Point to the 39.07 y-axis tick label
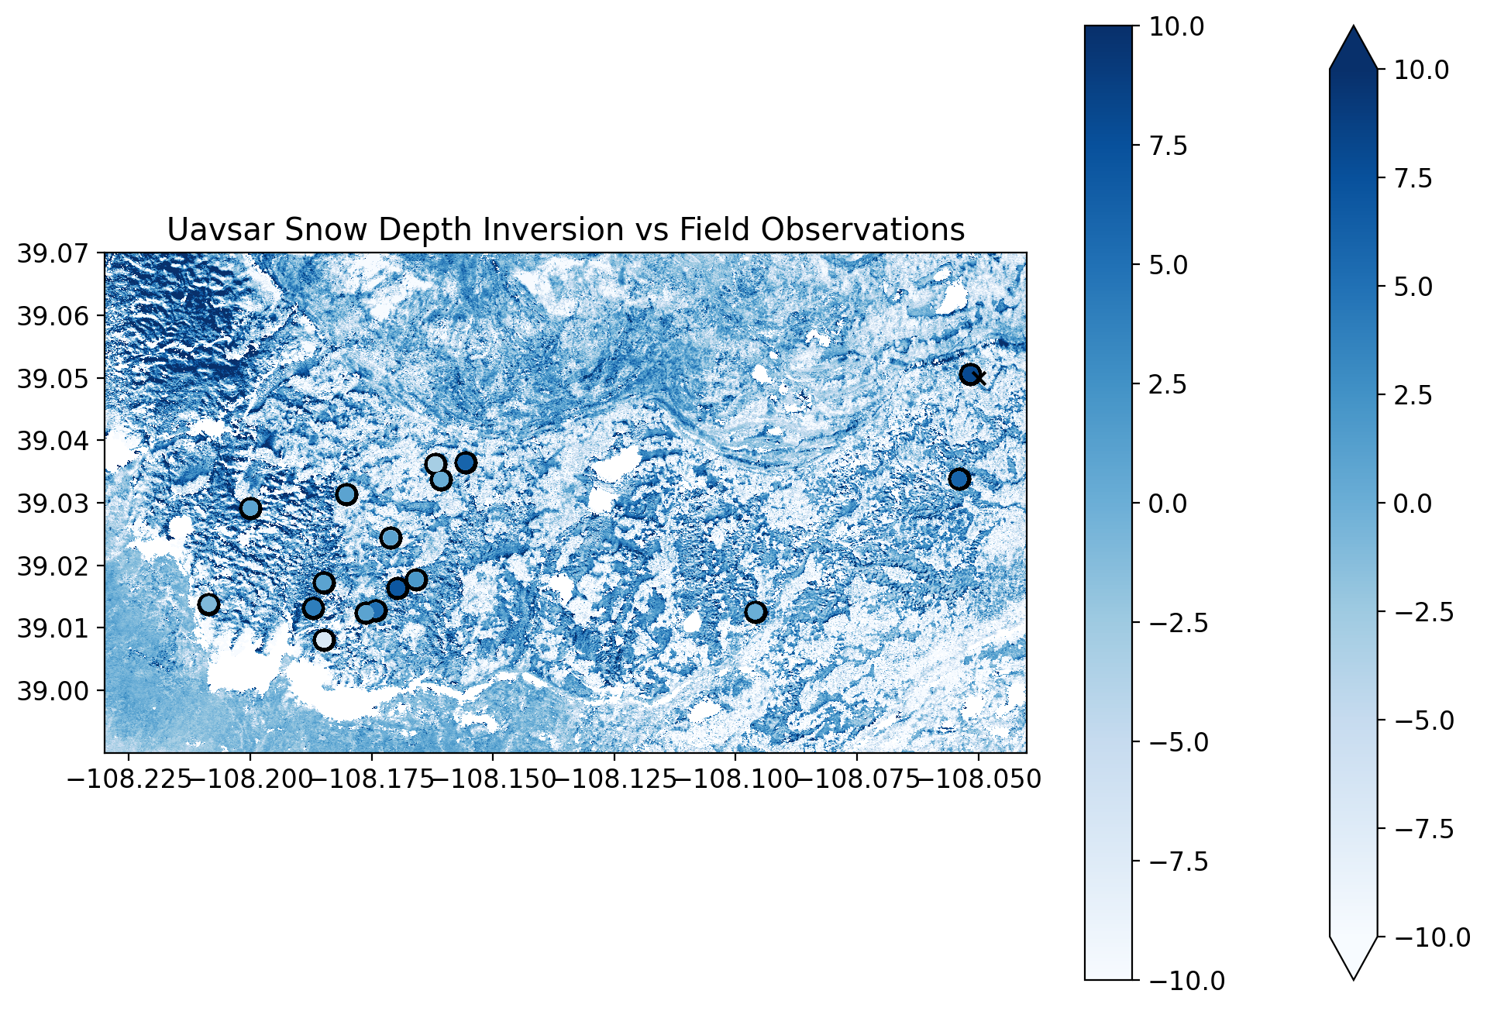pyautogui.click(x=52, y=253)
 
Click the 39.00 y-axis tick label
pyautogui.click(x=52, y=690)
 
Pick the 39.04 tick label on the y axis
pyautogui.click(x=52, y=441)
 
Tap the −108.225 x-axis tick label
pyautogui.click(x=129, y=779)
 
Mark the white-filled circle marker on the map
pyautogui.click(x=324, y=640)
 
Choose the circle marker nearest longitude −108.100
pyautogui.click(x=756, y=612)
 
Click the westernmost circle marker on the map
pyautogui.click(x=208, y=604)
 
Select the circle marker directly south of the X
pyautogui.click(x=959, y=479)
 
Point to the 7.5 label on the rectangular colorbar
pyautogui.click(x=1168, y=146)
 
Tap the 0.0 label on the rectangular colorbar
pyautogui.click(x=1168, y=504)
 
